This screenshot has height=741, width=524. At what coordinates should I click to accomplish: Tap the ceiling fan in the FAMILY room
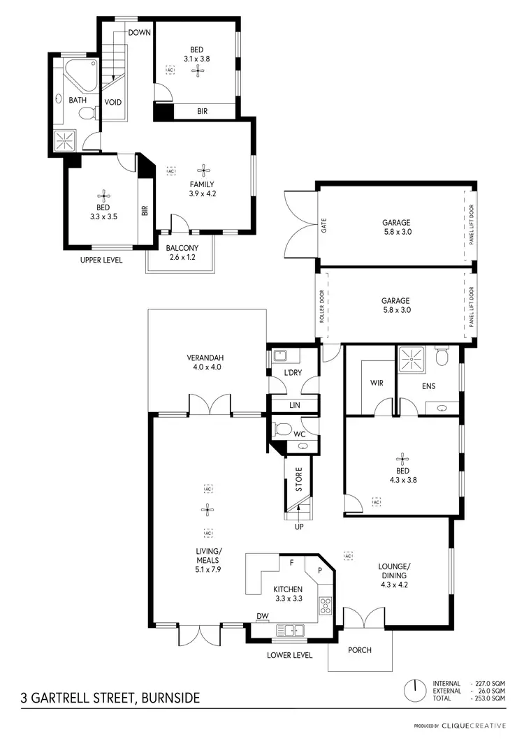tap(203, 169)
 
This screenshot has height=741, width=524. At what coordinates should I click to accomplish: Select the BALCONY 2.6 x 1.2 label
tap(182, 252)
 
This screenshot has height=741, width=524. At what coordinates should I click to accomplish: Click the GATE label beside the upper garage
tap(324, 225)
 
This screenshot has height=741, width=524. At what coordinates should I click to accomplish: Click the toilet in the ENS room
tap(442, 358)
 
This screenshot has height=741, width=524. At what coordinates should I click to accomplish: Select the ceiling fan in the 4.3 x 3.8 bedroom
tap(402, 459)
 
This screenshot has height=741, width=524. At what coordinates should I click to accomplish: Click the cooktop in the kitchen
tap(325, 606)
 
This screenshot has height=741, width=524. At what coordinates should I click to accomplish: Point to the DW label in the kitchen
tap(263, 615)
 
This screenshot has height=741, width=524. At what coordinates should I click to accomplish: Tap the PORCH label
tap(361, 650)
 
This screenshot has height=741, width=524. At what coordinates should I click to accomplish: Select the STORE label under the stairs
tap(299, 480)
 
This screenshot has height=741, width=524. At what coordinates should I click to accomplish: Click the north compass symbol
tap(415, 690)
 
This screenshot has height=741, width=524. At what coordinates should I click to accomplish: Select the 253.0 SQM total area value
tap(489, 698)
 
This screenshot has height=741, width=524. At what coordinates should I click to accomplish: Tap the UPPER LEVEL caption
tap(102, 260)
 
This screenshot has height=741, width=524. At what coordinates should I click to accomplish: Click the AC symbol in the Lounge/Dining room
tap(347, 556)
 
